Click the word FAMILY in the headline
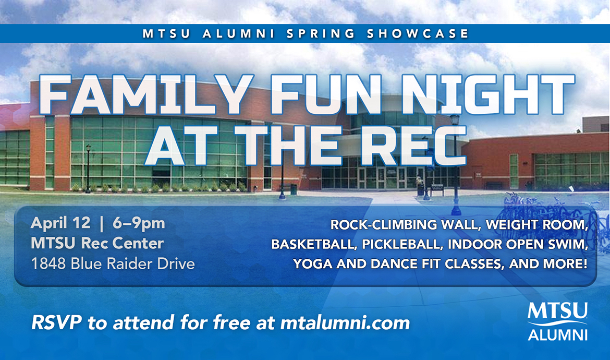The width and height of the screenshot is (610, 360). (147, 95)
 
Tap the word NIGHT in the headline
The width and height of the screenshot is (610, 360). (488, 95)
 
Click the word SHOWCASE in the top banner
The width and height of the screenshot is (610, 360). (418, 34)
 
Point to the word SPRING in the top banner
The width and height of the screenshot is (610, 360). (321, 34)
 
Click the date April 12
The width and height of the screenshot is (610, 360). (60, 223)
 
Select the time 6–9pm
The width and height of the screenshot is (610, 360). (139, 223)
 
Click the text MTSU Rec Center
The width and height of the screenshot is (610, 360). (97, 243)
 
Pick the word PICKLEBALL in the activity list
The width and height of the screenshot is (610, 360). (403, 244)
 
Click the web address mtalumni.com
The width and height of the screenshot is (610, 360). (345, 323)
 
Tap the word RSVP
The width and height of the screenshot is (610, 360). (57, 322)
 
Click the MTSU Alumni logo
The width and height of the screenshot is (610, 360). (557, 321)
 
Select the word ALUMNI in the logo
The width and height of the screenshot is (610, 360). (557, 335)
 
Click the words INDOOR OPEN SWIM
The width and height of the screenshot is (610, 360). (518, 244)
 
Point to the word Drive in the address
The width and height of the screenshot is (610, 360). (176, 264)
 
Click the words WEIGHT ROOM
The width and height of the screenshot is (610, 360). (536, 224)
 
